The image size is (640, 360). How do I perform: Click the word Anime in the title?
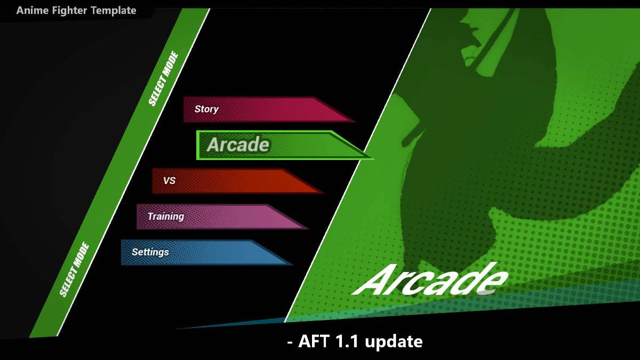(x=33, y=11)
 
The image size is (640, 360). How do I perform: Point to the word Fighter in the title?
(x=69, y=11)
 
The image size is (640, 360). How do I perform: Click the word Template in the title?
(x=114, y=11)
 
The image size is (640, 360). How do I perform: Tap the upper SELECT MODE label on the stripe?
(x=163, y=78)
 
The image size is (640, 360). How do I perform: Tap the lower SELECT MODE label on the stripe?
(x=74, y=269)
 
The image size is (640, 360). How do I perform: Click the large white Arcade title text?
(x=430, y=279)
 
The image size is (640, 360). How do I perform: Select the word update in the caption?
(x=394, y=342)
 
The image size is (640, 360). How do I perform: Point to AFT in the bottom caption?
(x=314, y=341)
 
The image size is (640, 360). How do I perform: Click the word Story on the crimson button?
(x=206, y=109)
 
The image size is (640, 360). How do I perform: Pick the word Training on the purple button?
(x=166, y=217)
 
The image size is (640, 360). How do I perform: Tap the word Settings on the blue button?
(x=150, y=252)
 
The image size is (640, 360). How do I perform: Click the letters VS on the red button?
(x=169, y=181)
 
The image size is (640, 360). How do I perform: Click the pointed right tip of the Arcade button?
(x=374, y=158)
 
